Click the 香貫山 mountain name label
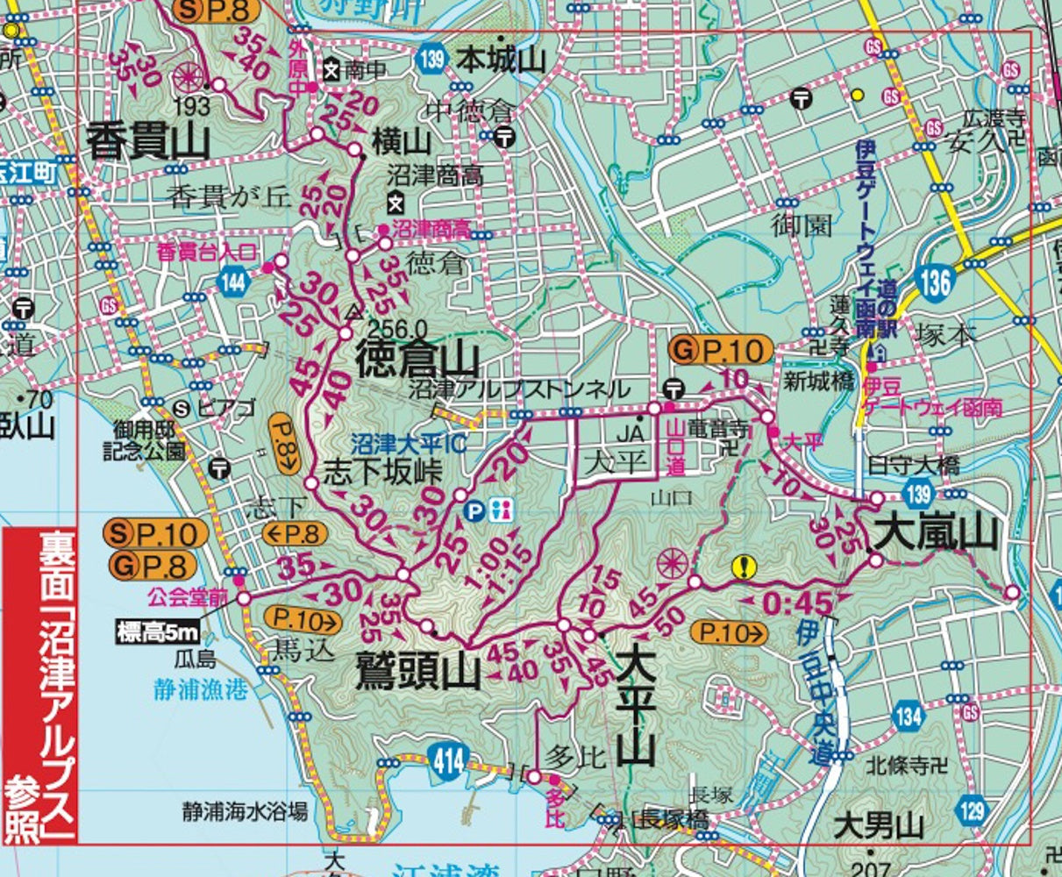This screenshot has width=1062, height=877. coord(148,141)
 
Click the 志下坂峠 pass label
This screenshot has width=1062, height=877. coord(382,473)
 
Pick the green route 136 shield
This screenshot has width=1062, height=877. coord(936,282)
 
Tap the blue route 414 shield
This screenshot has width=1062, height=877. coord(447,763)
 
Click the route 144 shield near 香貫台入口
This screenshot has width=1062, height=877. coord(234,282)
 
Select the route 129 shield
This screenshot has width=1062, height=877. coord(972,809)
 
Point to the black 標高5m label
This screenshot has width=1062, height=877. coord(158,631)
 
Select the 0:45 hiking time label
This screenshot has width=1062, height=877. coord(796,603)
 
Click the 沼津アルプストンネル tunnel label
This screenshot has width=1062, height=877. coord(520,389)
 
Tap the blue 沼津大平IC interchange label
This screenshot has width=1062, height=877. coord(407,445)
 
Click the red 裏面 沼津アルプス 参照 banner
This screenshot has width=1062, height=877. coord(40,685)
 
